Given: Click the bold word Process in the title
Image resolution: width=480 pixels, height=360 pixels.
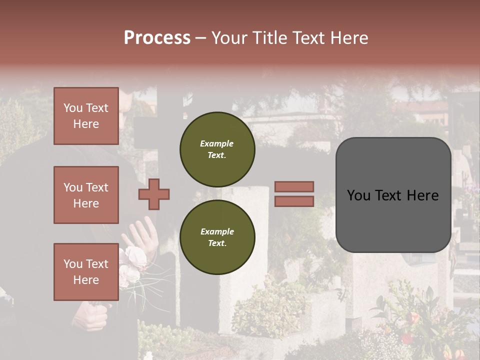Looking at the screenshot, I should coord(157,38).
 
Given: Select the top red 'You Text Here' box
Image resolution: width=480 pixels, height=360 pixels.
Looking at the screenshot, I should coord(86,116).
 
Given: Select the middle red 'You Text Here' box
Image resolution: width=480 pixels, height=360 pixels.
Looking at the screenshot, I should coord(86,195).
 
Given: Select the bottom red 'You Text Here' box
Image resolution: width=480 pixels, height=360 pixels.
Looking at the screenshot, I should coord(86,272).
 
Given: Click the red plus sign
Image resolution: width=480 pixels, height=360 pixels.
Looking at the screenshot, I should coord(154,194).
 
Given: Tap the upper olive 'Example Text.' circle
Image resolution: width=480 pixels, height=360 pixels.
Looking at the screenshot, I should coord(217,149).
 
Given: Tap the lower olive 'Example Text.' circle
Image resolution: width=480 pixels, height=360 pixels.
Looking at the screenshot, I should coord(217,237).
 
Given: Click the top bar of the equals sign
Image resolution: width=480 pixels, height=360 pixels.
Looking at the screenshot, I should coord(294,186).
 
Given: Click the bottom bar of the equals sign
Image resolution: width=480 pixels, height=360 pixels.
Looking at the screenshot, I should coord(294,201).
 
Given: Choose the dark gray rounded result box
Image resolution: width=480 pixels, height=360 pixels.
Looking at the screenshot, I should coord(393,195).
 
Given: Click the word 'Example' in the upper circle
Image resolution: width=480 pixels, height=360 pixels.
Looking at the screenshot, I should coord(217,143).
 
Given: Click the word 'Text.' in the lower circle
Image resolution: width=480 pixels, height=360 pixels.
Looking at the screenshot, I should coord(217,243).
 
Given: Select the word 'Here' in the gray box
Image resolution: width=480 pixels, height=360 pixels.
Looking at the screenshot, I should coord(422,195).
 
